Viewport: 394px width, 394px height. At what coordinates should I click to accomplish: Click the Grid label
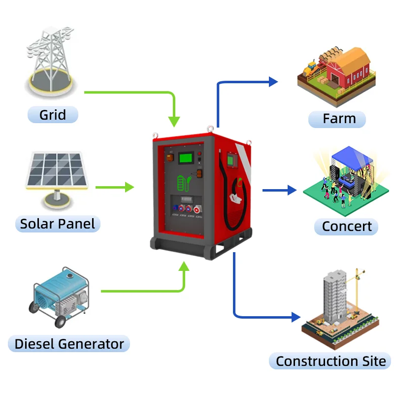pos(53,115)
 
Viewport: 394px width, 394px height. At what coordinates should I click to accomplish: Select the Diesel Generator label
pos(69,343)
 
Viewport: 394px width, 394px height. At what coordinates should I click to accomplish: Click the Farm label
pos(339,119)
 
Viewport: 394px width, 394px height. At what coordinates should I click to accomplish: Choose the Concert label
pos(347,227)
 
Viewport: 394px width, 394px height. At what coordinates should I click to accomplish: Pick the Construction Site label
pos(330,361)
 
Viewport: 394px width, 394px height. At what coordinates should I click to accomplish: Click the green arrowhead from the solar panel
pos(129,187)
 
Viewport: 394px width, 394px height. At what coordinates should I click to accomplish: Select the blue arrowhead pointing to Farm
pos(273,82)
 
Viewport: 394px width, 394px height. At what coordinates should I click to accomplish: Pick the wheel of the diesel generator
pos(60,321)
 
